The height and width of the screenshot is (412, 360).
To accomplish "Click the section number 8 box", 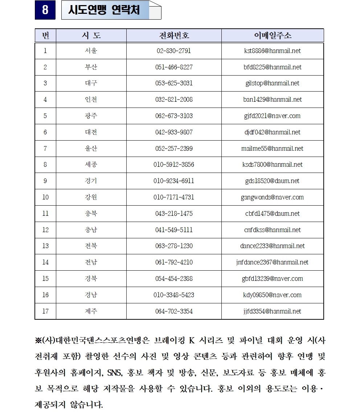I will point(45,10).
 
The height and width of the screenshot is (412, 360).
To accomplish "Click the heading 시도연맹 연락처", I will point(104,10).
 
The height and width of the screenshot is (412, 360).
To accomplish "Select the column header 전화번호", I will point(174,36).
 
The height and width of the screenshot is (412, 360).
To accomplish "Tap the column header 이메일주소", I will point(273,36).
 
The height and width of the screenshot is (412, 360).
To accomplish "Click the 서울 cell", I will point(91,51).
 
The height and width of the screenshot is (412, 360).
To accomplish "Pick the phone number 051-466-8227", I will point(174,67).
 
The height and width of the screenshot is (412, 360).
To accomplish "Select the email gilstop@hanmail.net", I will point(273,83).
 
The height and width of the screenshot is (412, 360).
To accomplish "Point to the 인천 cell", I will point(91,100).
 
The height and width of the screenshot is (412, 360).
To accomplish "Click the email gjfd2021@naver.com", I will point(273,116).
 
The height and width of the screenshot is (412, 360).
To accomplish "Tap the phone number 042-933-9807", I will point(174,132).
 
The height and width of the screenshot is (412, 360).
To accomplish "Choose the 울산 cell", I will point(91,148).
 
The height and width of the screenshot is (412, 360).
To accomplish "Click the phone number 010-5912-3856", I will point(174,165).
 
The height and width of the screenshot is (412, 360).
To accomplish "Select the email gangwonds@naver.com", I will point(273,197).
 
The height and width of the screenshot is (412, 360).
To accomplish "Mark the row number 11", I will point(45,214).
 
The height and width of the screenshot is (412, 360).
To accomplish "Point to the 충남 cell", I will point(91,230).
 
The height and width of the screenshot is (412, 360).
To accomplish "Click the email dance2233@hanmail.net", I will point(273,246).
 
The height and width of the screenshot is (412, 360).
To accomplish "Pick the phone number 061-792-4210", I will point(174,262).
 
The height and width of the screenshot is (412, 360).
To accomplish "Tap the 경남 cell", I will point(91,295).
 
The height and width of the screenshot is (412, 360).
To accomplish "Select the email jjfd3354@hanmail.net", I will point(273,311).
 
